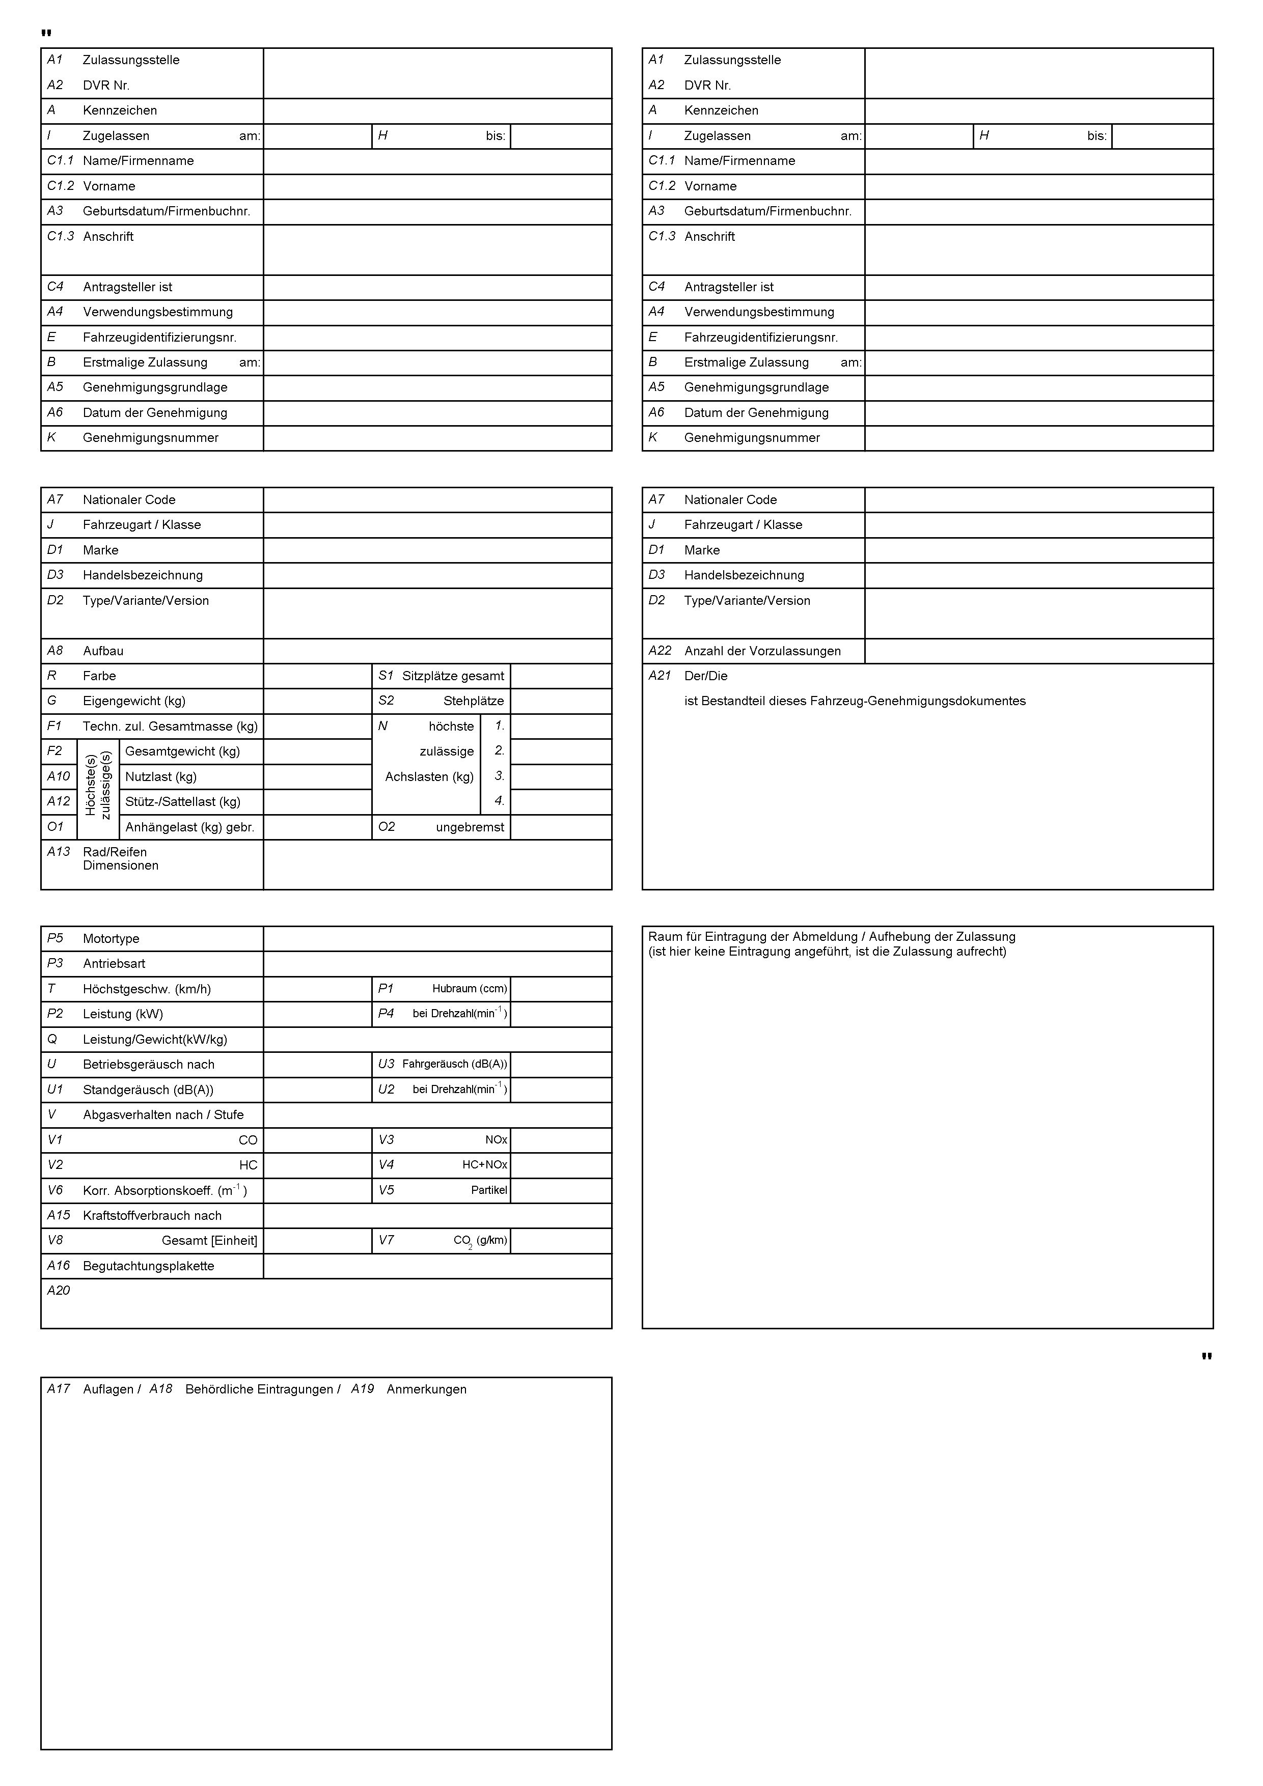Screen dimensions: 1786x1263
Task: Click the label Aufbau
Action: (103, 651)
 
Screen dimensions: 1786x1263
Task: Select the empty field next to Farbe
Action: (317, 676)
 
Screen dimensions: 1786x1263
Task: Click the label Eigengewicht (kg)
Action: (134, 701)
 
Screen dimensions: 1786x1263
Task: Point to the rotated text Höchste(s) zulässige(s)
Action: (98, 785)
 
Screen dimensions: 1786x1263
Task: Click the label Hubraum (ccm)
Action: (469, 989)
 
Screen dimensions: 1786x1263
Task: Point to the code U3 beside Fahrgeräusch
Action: (386, 1064)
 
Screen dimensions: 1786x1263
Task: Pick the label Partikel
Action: (489, 1190)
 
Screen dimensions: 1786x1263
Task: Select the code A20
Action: (59, 1291)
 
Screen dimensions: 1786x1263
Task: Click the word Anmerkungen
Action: (426, 1389)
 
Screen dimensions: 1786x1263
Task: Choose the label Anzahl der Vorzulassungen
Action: (762, 651)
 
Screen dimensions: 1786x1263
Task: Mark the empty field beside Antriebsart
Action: (437, 964)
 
